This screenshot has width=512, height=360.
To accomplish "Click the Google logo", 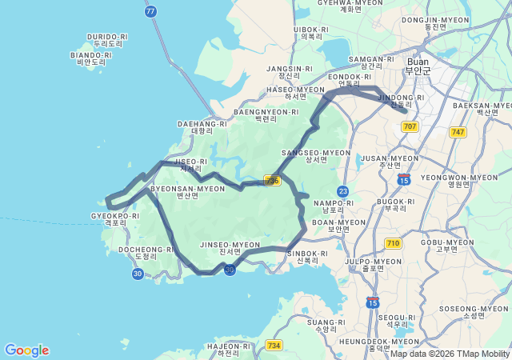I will pyautogui.click(x=26, y=350).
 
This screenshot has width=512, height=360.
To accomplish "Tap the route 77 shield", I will pyautogui.click(x=151, y=11).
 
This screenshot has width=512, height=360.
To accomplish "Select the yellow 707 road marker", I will pyautogui.click(x=410, y=126).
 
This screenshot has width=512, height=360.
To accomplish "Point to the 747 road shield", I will pyautogui.click(x=458, y=132).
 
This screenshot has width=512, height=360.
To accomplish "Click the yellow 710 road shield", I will pyautogui.click(x=393, y=242).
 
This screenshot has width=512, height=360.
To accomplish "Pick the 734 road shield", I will pyautogui.click(x=274, y=345).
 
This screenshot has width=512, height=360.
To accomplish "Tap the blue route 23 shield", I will pyautogui.click(x=343, y=191).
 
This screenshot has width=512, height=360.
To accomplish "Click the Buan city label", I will pyautogui.click(x=418, y=65).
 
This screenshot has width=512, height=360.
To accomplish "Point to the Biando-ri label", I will pyautogui.click(x=91, y=58).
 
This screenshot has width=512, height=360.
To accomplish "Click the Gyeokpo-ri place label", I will pyautogui.click(x=115, y=218).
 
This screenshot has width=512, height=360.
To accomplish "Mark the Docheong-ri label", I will pyautogui.click(x=146, y=253).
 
